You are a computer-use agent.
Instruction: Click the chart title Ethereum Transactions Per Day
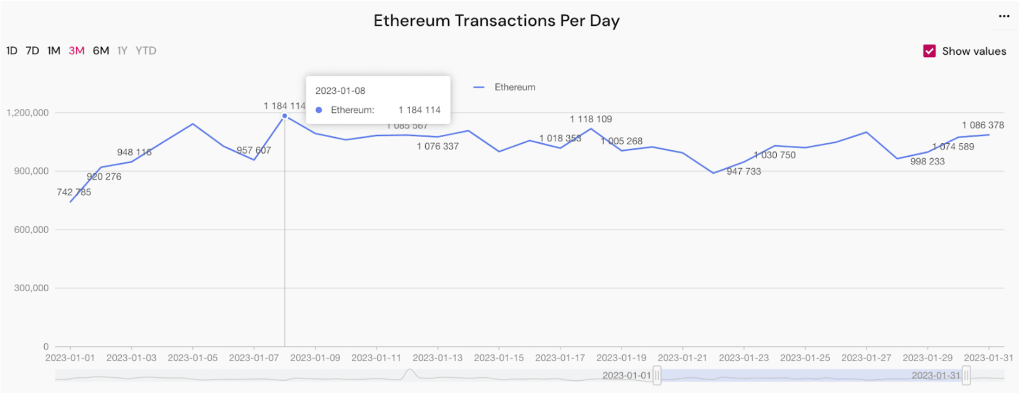496,21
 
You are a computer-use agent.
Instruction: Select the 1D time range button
12,51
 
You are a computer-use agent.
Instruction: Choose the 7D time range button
32,51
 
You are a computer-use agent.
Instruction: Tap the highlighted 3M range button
77,51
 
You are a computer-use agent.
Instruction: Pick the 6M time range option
101,51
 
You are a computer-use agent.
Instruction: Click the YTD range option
146,51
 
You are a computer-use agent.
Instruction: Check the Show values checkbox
930,51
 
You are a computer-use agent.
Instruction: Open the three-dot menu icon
1004,16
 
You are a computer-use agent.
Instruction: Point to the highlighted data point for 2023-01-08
284,116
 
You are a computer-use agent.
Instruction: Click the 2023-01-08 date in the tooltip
340,91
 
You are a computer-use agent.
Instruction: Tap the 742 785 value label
74,192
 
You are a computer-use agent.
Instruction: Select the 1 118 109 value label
591,119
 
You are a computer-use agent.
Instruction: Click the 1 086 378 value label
983,125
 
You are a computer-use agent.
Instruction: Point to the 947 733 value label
744,172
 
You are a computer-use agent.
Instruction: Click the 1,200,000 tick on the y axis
27,113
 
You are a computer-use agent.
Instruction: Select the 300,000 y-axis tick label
31,288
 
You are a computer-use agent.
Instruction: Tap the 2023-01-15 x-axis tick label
498,358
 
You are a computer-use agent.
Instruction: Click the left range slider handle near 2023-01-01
657,376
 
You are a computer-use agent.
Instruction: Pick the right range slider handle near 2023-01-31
966,376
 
